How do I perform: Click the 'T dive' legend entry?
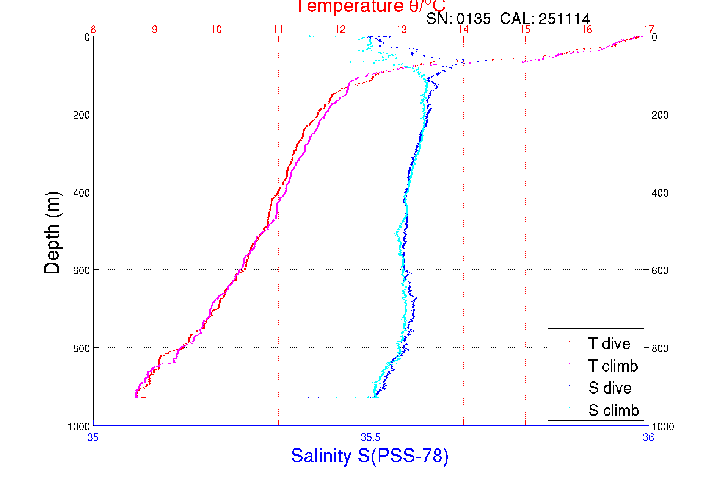click(x=609, y=344)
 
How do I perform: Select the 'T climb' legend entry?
click(x=613, y=366)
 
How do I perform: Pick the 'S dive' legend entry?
click(x=610, y=388)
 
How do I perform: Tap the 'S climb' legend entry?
click(x=613, y=410)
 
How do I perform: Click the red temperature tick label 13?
click(x=402, y=30)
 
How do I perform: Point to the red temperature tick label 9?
click(x=155, y=30)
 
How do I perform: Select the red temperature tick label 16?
click(x=587, y=30)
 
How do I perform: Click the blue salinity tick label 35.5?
click(x=370, y=438)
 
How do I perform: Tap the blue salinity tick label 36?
click(x=648, y=438)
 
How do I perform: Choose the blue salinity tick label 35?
click(x=93, y=438)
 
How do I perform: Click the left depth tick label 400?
click(x=82, y=193)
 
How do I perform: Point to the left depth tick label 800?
click(x=82, y=348)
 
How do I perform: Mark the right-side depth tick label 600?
click(x=660, y=270)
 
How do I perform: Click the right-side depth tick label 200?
click(x=660, y=115)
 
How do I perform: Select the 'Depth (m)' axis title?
click(x=52, y=233)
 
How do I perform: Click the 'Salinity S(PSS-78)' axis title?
click(x=370, y=456)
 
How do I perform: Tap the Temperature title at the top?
click(x=370, y=6)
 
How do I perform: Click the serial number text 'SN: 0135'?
click(x=458, y=19)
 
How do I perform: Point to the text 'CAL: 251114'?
click(x=545, y=19)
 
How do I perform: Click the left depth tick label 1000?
click(x=79, y=426)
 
